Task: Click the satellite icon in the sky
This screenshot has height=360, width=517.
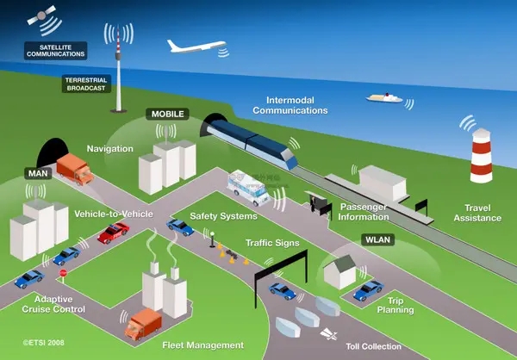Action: pos(41,16)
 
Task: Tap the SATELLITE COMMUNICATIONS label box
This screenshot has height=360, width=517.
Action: pos(56,51)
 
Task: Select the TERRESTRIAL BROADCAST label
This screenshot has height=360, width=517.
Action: pos(86,84)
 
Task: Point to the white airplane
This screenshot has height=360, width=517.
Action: pos(196,47)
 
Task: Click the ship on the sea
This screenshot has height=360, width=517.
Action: pos(384,98)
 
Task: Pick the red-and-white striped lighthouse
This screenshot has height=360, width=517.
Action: pos(481,155)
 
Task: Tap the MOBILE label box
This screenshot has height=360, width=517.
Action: pos(167,114)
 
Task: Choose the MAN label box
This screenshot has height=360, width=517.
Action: pos(38,173)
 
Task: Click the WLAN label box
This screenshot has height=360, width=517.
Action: pos(378,239)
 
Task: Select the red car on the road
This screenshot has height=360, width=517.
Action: pos(113,233)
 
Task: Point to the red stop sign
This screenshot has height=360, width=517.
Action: pos(63,274)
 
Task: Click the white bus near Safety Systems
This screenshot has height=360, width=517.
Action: pos(249,188)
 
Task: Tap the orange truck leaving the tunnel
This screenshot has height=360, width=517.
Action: pos(75,169)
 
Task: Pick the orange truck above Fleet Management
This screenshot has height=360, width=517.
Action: pos(143,324)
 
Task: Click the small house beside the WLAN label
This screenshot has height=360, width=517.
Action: pos(340,272)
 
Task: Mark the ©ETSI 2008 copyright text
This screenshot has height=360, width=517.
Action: pos(44,343)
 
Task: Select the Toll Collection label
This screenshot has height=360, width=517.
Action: pos(374,346)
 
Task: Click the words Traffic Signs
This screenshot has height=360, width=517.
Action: pos(272,243)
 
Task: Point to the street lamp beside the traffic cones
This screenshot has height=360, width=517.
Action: pos(212,239)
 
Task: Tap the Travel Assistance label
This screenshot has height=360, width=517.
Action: pos(477,213)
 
